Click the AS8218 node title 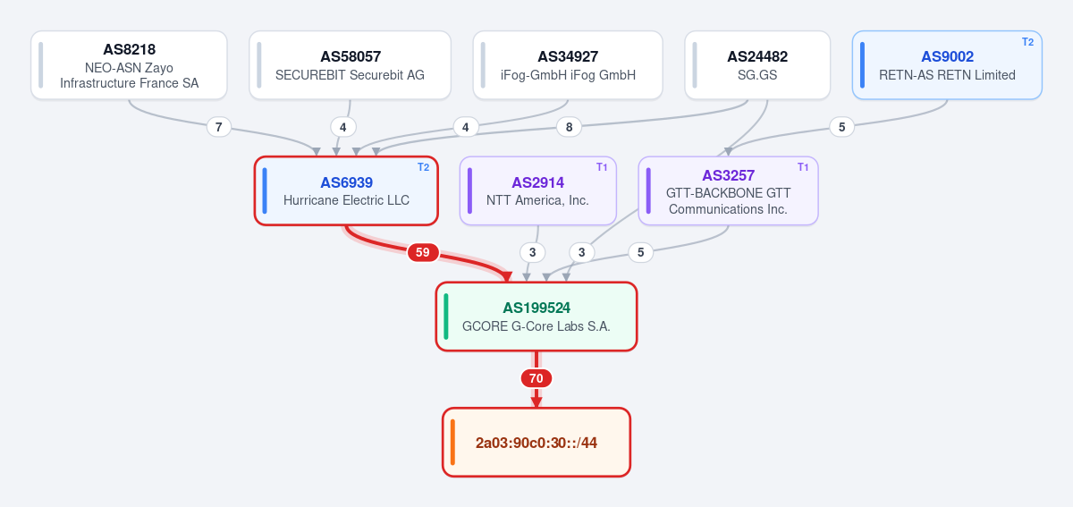tap(130, 49)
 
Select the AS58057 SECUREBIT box tap(351, 65)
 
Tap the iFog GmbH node tap(568, 65)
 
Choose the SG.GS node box tap(757, 65)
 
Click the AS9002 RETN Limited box tap(947, 65)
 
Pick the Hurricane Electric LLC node tap(346, 190)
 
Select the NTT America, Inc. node tap(538, 190)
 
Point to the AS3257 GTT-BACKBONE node tap(728, 190)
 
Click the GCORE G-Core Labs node tap(536, 317)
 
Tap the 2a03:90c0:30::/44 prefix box tap(536, 443)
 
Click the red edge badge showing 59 tap(423, 252)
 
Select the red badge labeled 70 tap(536, 378)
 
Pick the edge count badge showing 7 tap(219, 128)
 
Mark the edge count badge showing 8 tap(569, 128)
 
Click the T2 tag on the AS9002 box tap(1028, 42)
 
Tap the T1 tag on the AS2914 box tap(602, 167)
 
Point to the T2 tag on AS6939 tap(424, 167)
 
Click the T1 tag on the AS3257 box tap(803, 167)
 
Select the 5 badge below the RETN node tap(841, 128)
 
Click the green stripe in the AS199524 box tap(446, 317)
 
